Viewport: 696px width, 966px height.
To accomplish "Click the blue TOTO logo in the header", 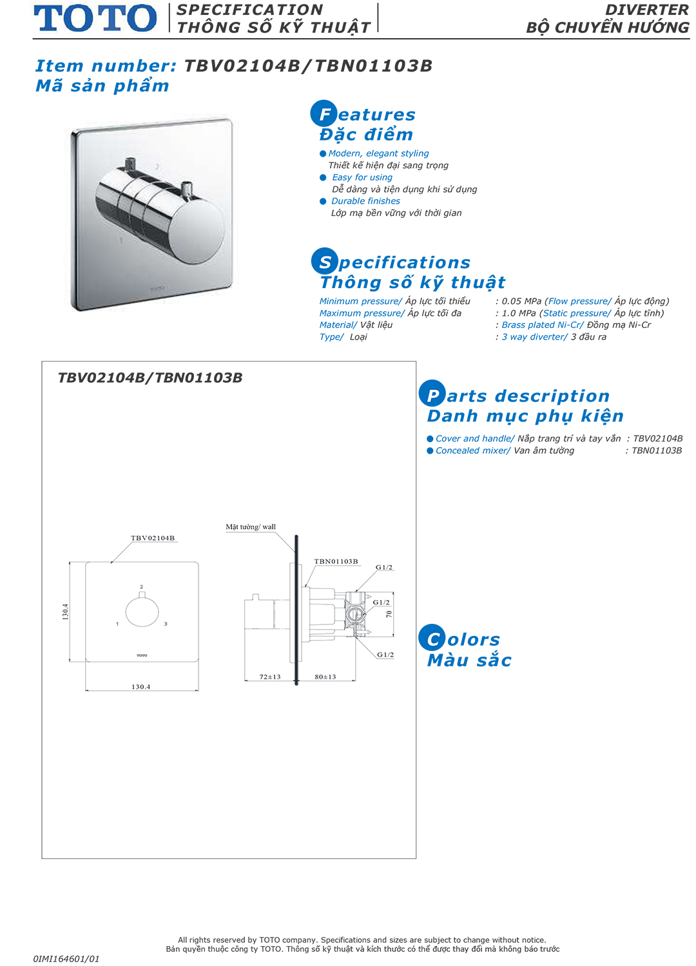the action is pyautogui.click(x=95, y=18).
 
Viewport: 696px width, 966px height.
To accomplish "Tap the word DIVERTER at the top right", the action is pyautogui.click(x=646, y=10).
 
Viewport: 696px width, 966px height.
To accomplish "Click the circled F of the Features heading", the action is pyautogui.click(x=324, y=113).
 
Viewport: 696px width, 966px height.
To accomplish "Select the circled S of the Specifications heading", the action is pyautogui.click(x=324, y=262).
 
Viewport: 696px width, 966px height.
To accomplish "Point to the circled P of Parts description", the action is pyautogui.click(x=432, y=393).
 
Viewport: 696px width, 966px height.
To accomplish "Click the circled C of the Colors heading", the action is pyautogui.click(x=432, y=638).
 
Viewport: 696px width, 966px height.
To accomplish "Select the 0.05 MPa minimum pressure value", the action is pyautogui.click(x=521, y=301).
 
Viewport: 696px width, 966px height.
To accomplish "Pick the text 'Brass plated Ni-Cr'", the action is pyautogui.click(x=541, y=325).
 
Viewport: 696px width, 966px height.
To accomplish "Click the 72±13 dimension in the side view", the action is pyautogui.click(x=270, y=677).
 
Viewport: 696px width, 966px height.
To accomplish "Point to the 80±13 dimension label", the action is pyautogui.click(x=325, y=677).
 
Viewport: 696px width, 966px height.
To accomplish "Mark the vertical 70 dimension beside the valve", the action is pyautogui.click(x=389, y=613).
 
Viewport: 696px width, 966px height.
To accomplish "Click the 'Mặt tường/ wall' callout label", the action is pyautogui.click(x=251, y=526).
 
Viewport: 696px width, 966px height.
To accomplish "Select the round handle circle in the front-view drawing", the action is pyautogui.click(x=142, y=612).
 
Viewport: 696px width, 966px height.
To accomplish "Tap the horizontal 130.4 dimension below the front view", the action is pyautogui.click(x=141, y=686).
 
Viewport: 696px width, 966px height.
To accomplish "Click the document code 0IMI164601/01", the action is pyautogui.click(x=66, y=959).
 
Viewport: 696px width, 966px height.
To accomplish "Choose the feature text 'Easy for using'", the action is pyautogui.click(x=362, y=177).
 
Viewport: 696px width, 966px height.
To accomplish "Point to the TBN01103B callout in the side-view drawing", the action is pyautogui.click(x=336, y=561).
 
